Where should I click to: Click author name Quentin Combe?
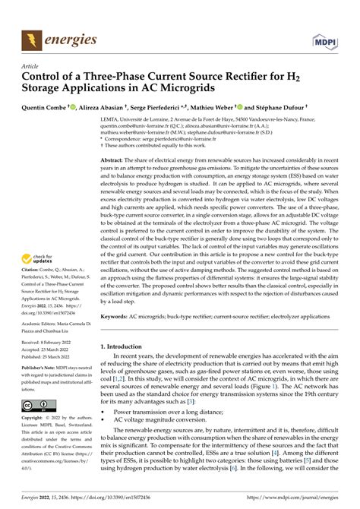click(x=55, y=108)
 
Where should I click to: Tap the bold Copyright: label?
click(x=36, y=419)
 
